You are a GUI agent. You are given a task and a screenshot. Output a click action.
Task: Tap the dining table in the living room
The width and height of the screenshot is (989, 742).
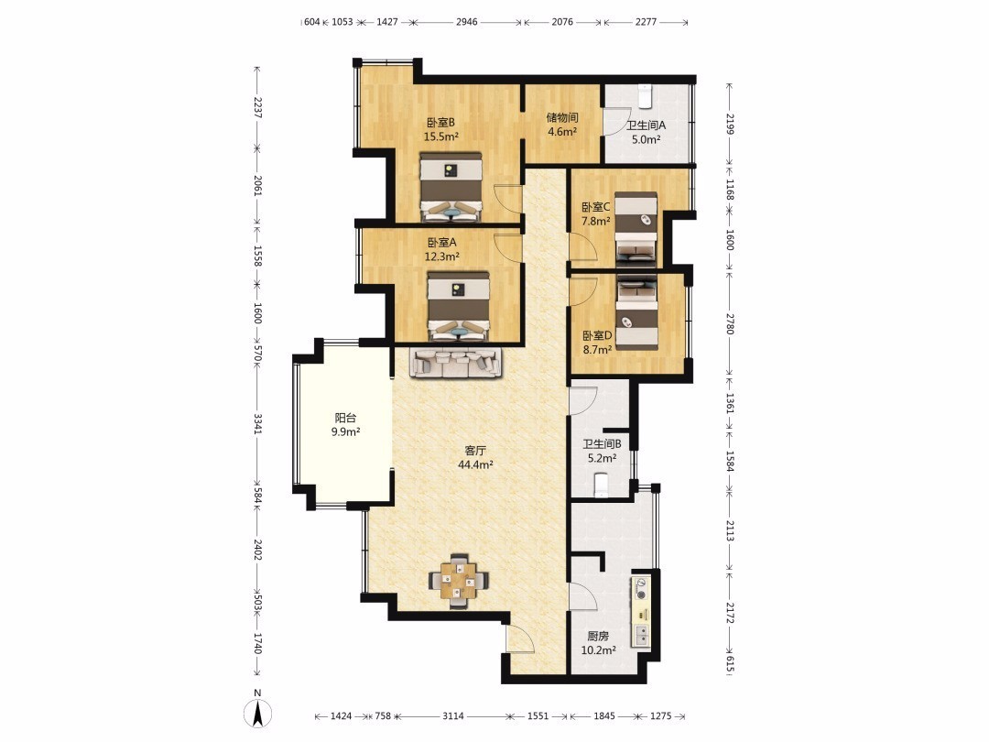pyautogui.click(x=459, y=581)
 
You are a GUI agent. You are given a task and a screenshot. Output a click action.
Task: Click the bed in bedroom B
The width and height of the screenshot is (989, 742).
pyautogui.click(x=451, y=187)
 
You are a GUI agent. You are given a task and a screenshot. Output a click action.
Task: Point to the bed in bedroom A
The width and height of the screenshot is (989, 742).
pyautogui.click(x=459, y=307)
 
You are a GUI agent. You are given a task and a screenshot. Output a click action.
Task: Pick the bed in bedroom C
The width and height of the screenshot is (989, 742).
pyautogui.click(x=636, y=227)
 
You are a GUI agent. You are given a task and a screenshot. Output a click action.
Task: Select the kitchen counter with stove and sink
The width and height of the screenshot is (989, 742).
pyautogui.click(x=641, y=613)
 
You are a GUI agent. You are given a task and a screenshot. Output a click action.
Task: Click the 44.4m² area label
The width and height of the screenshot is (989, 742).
pyautogui.click(x=475, y=465)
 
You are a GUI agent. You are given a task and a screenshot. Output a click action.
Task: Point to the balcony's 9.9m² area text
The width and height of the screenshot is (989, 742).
pyautogui.click(x=345, y=432)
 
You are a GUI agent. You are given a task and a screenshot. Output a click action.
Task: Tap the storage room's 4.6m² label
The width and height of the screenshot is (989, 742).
pyautogui.click(x=562, y=132)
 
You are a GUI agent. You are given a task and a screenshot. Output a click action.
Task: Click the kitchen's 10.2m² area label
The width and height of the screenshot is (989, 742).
pyautogui.click(x=598, y=649)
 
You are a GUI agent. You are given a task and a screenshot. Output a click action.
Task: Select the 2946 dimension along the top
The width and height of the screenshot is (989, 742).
pyautogui.click(x=467, y=22)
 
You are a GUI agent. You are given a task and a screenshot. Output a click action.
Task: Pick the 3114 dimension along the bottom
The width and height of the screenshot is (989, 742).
pyautogui.click(x=453, y=716)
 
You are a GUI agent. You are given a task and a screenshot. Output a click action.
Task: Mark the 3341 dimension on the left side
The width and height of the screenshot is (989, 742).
pyautogui.click(x=257, y=424)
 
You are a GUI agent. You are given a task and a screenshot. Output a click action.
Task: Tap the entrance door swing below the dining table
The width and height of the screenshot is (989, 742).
pyautogui.click(x=520, y=637)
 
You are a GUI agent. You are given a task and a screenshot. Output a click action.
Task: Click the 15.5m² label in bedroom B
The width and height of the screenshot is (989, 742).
pyautogui.click(x=440, y=136)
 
